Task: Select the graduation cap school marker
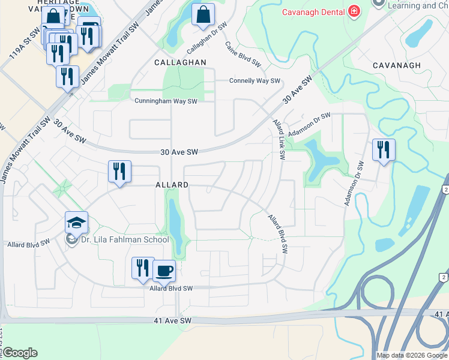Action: tap(76, 223)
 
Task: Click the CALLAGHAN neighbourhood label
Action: tap(180, 62)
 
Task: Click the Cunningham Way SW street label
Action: tap(166, 101)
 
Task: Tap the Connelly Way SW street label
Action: tap(255, 80)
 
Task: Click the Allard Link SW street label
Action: tap(280, 139)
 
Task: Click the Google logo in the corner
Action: tap(20, 353)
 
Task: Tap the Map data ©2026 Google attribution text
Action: tap(411, 355)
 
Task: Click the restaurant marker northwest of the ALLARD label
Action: tap(119, 171)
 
